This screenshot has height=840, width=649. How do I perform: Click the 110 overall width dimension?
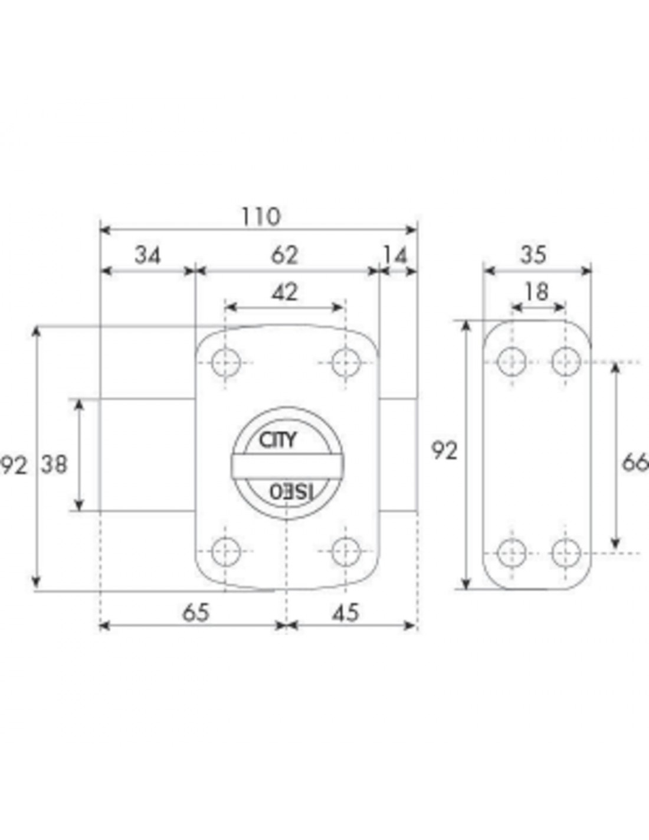[x=260, y=217]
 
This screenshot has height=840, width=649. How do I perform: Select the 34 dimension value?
[x=147, y=256]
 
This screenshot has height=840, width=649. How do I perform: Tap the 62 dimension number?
[x=284, y=256]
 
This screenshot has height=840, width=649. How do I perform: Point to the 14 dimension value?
[x=395, y=256]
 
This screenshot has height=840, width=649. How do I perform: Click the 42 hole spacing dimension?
[x=284, y=292]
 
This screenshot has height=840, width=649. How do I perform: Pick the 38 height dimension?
[x=54, y=464]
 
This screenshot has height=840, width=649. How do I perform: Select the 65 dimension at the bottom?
[x=196, y=613]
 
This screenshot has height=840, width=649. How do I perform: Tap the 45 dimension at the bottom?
[x=346, y=613]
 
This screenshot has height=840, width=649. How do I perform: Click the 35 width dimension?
[x=533, y=256]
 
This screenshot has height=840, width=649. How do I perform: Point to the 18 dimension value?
[x=537, y=292]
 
